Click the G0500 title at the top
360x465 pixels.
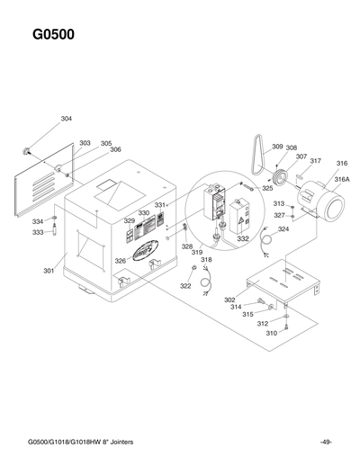click(x=53, y=36)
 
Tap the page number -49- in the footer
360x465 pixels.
click(x=325, y=441)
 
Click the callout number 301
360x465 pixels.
click(x=49, y=269)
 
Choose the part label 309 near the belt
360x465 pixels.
click(x=277, y=147)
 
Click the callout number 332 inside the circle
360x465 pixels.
click(x=243, y=239)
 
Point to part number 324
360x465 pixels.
click(x=283, y=229)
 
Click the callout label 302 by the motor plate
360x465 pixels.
click(x=229, y=300)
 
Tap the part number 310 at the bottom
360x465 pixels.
click(x=271, y=333)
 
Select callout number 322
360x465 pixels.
click(x=185, y=286)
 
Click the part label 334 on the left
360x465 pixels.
click(x=38, y=221)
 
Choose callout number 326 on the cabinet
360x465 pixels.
click(x=120, y=261)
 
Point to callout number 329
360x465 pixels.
click(x=130, y=220)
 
